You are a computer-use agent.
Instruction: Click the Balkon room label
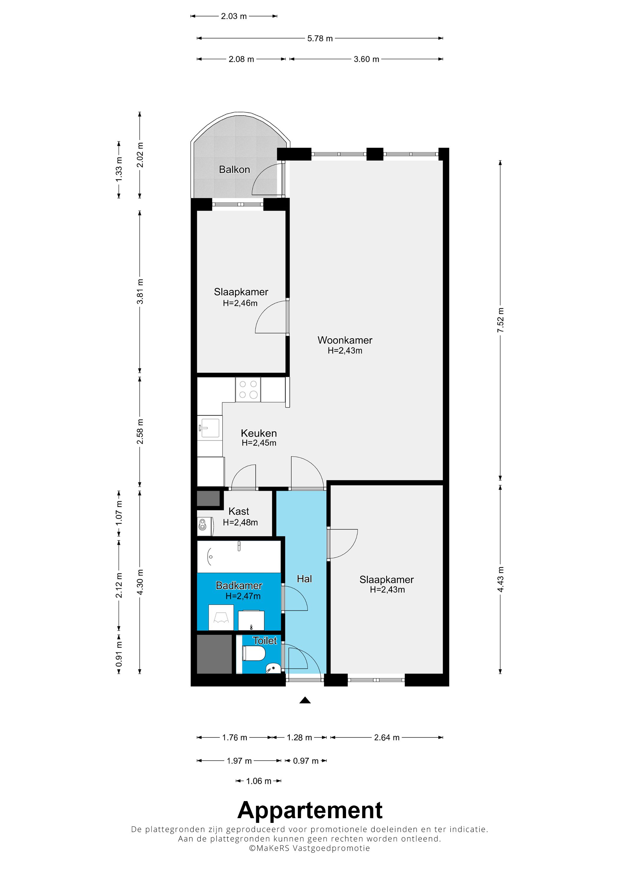pyautogui.click(x=234, y=169)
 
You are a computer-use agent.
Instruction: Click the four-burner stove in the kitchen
pyautogui.click(x=248, y=389)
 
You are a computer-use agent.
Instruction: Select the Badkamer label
pyautogui.click(x=239, y=585)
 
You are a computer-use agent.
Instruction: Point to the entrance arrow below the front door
pyautogui.click(x=305, y=700)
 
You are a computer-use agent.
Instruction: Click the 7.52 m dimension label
pyautogui.click(x=501, y=320)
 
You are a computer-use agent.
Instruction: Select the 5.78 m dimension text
pyautogui.click(x=320, y=39)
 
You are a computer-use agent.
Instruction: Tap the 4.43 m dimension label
pyautogui.click(x=501, y=579)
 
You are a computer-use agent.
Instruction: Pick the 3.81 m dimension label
pyautogui.click(x=140, y=292)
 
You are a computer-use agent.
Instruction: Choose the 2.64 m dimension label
pyautogui.click(x=387, y=737)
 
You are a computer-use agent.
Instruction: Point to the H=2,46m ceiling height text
pyautogui.click(x=240, y=303)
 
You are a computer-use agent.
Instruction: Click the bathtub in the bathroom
pyautogui.click(x=239, y=556)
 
